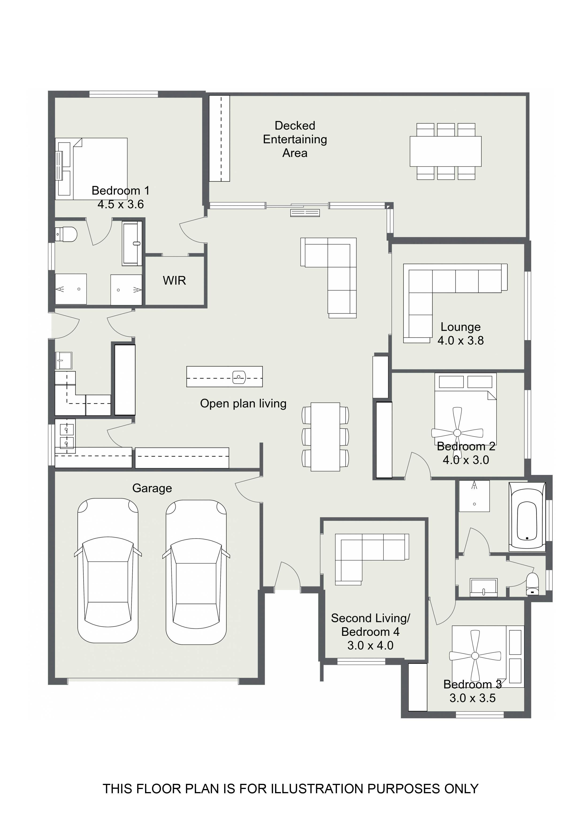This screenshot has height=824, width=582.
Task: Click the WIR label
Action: (x=174, y=280)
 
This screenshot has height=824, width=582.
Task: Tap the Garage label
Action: (x=152, y=488)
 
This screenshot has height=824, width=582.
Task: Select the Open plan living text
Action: (x=243, y=403)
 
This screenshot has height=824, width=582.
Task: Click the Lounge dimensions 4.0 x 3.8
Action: (x=460, y=340)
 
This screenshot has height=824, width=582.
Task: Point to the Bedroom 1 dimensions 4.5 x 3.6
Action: (x=120, y=204)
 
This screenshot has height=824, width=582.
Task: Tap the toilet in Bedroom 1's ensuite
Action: (x=66, y=234)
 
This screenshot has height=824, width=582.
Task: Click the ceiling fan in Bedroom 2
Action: (x=457, y=433)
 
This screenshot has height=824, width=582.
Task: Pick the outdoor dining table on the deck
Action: (x=446, y=151)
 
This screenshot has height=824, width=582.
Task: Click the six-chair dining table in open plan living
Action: (x=325, y=437)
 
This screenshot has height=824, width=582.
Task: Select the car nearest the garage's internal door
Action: (x=196, y=572)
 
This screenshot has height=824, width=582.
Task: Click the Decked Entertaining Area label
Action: (x=295, y=139)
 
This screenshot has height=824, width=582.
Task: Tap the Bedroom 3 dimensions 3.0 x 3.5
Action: (x=473, y=698)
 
